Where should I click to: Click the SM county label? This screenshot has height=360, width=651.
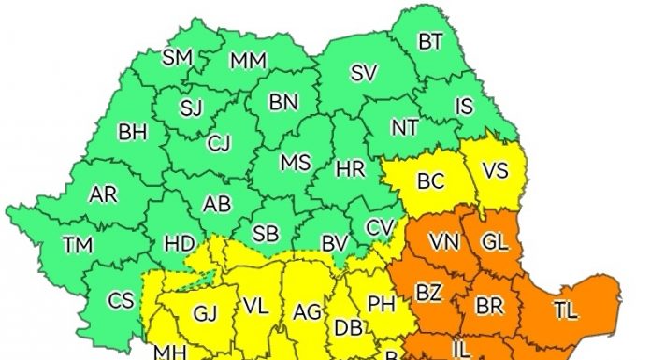point(177,58)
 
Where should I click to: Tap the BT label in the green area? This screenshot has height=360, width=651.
point(430,41)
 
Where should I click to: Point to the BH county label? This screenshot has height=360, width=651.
point(133,133)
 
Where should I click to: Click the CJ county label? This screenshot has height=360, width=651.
point(219,143)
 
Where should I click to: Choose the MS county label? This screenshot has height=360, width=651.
point(296,163)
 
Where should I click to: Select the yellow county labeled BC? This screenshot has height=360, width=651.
point(430,181)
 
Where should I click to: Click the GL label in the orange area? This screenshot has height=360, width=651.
point(495,241)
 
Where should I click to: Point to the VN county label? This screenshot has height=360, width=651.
point(442,242)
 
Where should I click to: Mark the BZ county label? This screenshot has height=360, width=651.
point(428,293)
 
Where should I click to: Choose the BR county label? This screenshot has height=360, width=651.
point(490,306)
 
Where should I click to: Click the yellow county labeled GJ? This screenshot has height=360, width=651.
point(204,312)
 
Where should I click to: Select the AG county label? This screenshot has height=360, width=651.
point(307,311)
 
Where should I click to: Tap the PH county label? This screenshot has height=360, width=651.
point(381,303)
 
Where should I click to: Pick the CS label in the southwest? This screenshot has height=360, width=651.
point(122,300)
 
